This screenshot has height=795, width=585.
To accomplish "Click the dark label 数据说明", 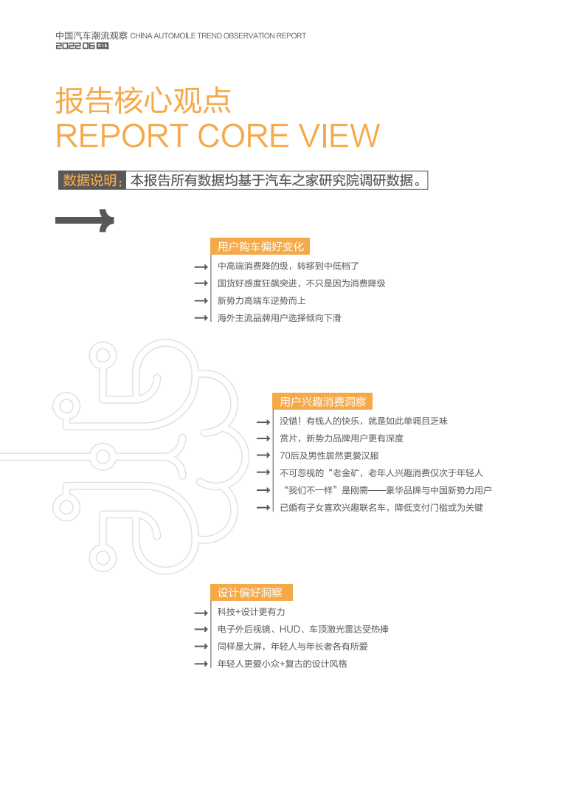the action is [x=92, y=181].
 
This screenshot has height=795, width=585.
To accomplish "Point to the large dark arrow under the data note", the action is [x=86, y=220].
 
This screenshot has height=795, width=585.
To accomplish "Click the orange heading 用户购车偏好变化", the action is [x=256, y=247].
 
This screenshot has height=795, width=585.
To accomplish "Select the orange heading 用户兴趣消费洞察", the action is [x=322, y=402].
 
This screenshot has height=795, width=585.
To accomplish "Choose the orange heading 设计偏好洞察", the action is [x=250, y=593].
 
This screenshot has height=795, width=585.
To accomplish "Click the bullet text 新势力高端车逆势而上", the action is [x=261, y=301].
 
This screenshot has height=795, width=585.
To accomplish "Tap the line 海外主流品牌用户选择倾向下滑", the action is [x=279, y=318].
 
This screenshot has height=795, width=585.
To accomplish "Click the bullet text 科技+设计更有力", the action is [x=251, y=613].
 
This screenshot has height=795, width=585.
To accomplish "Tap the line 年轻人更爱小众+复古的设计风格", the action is [x=282, y=664].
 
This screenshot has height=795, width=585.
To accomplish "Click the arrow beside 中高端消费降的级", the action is [x=200, y=266].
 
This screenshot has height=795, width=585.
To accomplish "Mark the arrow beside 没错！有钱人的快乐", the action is [x=263, y=422].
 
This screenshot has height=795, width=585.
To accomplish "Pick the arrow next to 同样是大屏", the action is [x=200, y=647].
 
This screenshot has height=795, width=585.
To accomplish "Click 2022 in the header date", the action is [x=69, y=46].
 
